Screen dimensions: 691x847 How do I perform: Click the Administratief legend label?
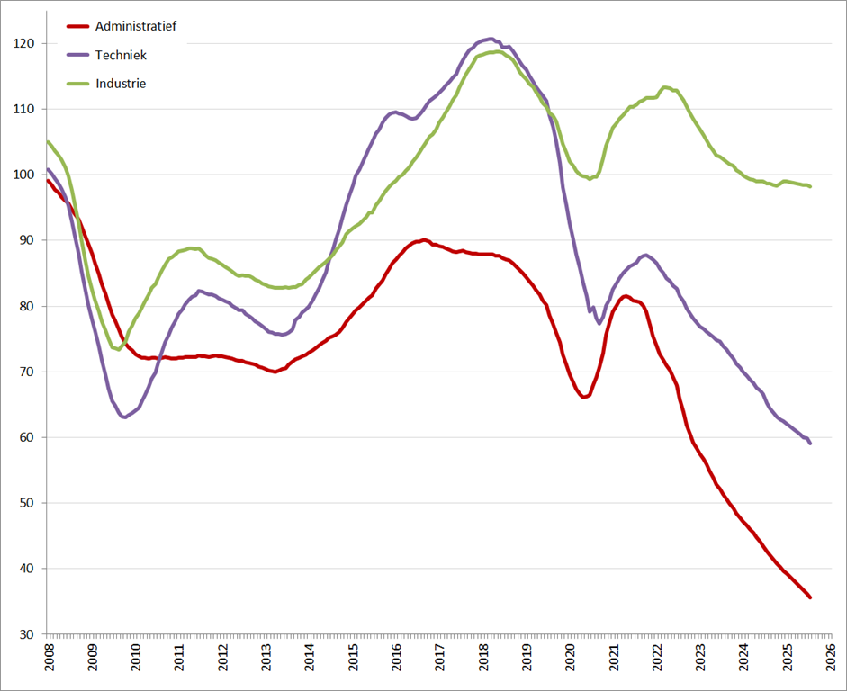point(135,26)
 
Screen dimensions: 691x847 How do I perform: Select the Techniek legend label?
point(121,55)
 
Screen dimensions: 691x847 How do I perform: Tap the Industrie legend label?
point(121,84)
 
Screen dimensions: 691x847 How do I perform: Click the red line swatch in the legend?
point(77,26)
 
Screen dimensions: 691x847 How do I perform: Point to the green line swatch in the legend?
point(77,84)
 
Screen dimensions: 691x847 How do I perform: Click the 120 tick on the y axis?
point(24,43)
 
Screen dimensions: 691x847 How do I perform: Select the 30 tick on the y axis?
point(27,634)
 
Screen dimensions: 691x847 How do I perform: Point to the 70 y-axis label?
point(27,372)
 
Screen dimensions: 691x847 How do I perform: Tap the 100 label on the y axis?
point(24,175)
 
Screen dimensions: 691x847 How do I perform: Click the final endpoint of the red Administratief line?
point(810,597)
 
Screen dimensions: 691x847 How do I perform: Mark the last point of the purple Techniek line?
point(810,443)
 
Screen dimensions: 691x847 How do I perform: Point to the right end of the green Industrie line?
point(810,186)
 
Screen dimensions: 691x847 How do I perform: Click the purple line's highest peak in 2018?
point(489,39)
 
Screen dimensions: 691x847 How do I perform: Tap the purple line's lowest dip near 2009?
point(124,417)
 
